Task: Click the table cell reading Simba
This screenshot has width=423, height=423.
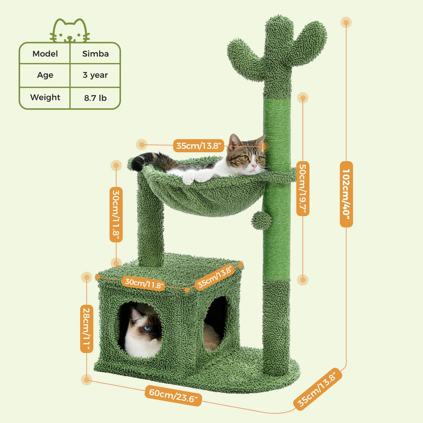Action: (95, 54)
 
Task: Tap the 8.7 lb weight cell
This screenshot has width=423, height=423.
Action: (95, 98)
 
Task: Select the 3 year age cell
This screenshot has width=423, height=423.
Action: (95, 75)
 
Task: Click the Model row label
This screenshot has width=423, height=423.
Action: (45, 54)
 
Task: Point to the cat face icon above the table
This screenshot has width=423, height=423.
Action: (70, 31)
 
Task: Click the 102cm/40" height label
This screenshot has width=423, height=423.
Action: (346, 194)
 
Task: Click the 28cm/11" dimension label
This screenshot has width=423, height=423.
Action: (87, 329)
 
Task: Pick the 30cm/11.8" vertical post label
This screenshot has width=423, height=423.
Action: (116, 214)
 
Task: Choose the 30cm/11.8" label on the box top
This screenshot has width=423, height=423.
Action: (143, 283)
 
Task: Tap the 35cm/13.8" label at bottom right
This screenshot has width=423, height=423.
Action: (318, 389)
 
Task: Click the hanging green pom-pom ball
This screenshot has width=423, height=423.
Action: (261, 221)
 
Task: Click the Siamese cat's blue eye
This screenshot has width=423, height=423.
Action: (146, 328)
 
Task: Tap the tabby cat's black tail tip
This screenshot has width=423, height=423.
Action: (137, 164)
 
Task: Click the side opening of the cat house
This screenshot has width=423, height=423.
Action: (215, 321)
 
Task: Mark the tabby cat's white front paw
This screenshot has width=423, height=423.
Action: (189, 178)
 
